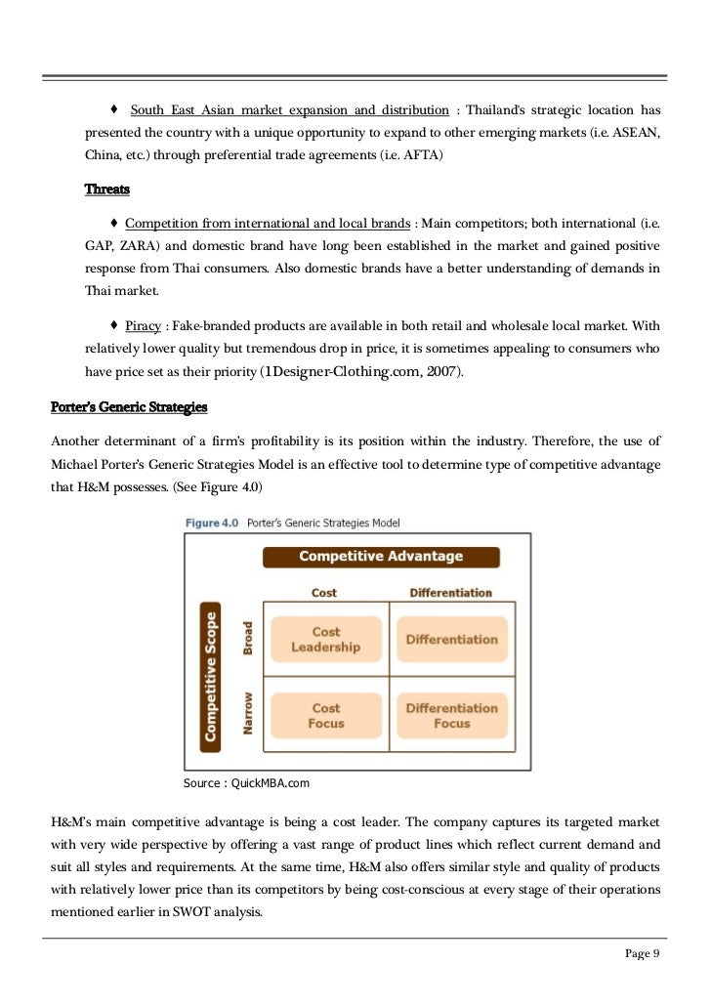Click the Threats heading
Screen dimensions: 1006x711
click(107, 189)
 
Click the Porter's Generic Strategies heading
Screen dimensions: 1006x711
click(129, 406)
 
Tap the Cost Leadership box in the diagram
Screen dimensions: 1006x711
click(325, 640)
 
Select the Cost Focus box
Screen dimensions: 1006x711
click(325, 716)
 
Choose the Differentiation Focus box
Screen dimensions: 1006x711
click(451, 716)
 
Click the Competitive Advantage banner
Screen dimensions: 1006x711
click(381, 557)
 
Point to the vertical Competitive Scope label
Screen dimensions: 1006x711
click(209, 675)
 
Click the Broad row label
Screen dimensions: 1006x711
click(248, 639)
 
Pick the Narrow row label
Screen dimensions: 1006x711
click(248, 714)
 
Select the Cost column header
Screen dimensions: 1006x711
click(324, 593)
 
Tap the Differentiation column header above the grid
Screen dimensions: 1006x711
click(450, 593)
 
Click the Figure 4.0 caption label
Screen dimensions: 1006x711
click(212, 524)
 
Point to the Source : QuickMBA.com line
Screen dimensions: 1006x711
click(246, 783)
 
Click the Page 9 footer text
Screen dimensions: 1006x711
click(643, 954)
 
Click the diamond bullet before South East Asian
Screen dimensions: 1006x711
click(115, 109)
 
